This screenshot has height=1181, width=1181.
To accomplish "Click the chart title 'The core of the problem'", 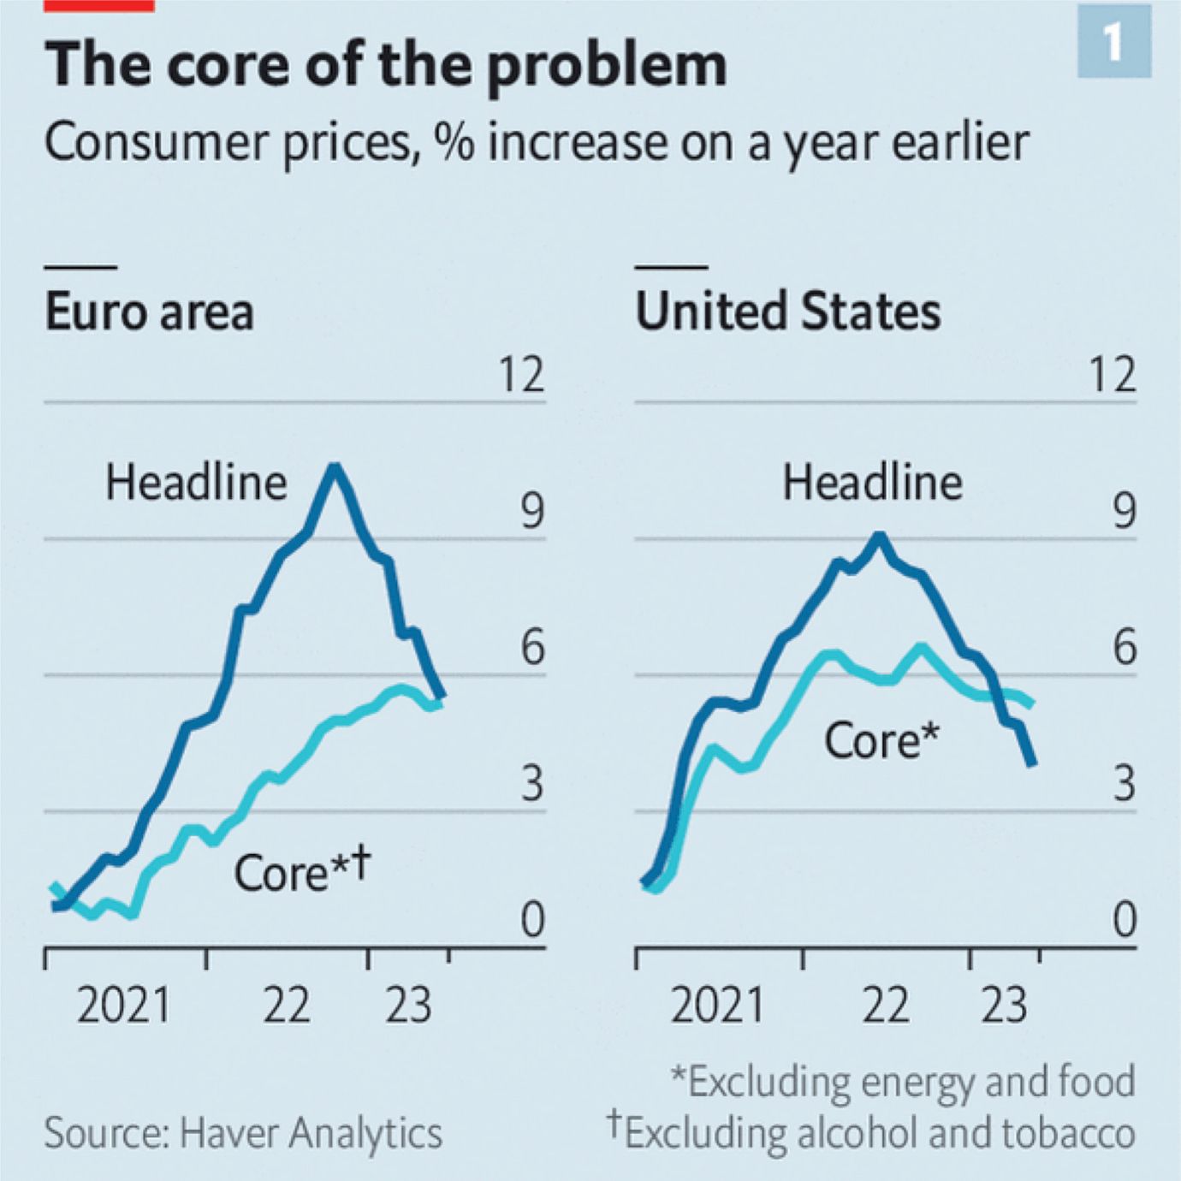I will tap(385, 65).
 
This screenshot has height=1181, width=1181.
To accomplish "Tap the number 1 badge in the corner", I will tap(1113, 40).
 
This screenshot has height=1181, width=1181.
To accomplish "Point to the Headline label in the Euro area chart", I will tap(196, 483).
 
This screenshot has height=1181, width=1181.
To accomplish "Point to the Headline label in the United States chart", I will tap(872, 483).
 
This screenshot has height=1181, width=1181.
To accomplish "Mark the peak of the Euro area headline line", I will tap(335, 467).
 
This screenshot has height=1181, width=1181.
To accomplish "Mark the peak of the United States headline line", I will tap(879, 537).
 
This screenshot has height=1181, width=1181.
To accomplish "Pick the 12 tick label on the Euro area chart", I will tap(521, 375).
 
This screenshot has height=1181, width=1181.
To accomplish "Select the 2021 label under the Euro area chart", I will tap(123, 1005).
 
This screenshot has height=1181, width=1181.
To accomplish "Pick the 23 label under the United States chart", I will tap(1003, 1005).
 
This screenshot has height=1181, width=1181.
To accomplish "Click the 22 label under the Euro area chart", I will tap(286, 1005).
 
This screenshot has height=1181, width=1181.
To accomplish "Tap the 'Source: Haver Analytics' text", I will tap(243, 1133).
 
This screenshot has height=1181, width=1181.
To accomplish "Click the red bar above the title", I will tap(99, 5).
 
